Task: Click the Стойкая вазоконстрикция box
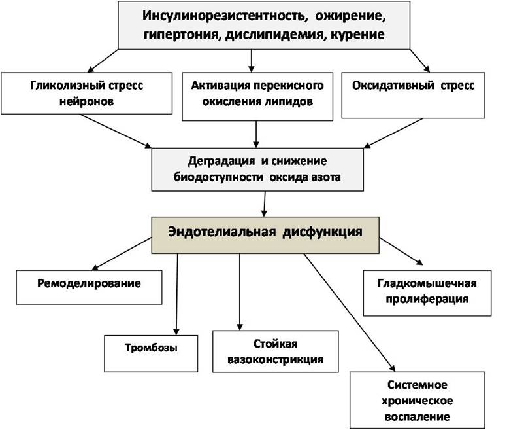tap(275, 352)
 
